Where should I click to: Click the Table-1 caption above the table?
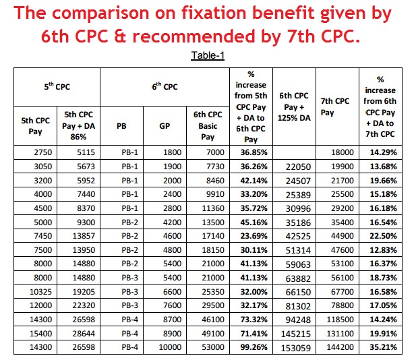point(207,55)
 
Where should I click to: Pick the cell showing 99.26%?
point(250,348)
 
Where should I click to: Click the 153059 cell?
point(293,348)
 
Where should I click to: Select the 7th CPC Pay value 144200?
point(335,348)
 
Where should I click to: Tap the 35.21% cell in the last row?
point(382,348)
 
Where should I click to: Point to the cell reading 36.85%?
point(250,154)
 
